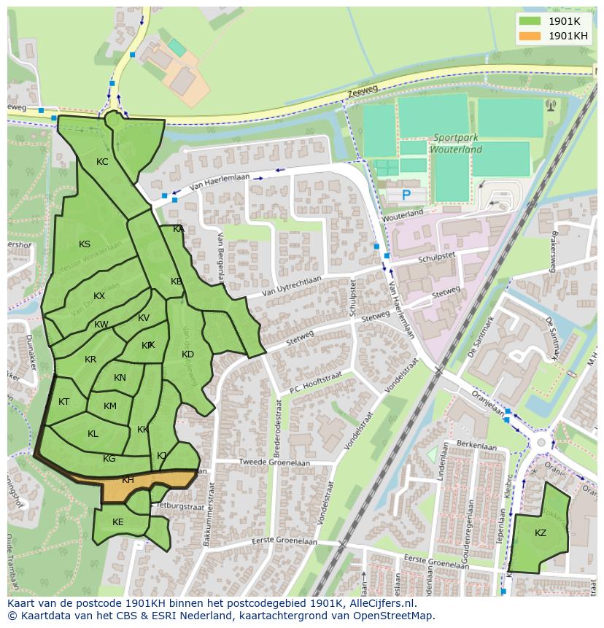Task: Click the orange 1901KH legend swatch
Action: [x=532, y=36]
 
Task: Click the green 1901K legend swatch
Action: [x=532, y=21]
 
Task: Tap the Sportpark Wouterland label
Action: [x=457, y=143]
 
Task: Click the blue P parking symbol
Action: [x=406, y=195]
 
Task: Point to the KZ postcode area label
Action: [x=540, y=533]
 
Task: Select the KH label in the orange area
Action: [x=128, y=480]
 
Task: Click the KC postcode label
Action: [x=102, y=162]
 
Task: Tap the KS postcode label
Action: [x=85, y=244]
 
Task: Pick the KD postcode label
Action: [x=187, y=354]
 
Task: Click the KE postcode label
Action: [x=118, y=522]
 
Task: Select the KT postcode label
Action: [x=64, y=402]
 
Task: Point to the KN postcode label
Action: [x=120, y=378]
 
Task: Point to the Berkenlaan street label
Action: [x=475, y=443]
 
